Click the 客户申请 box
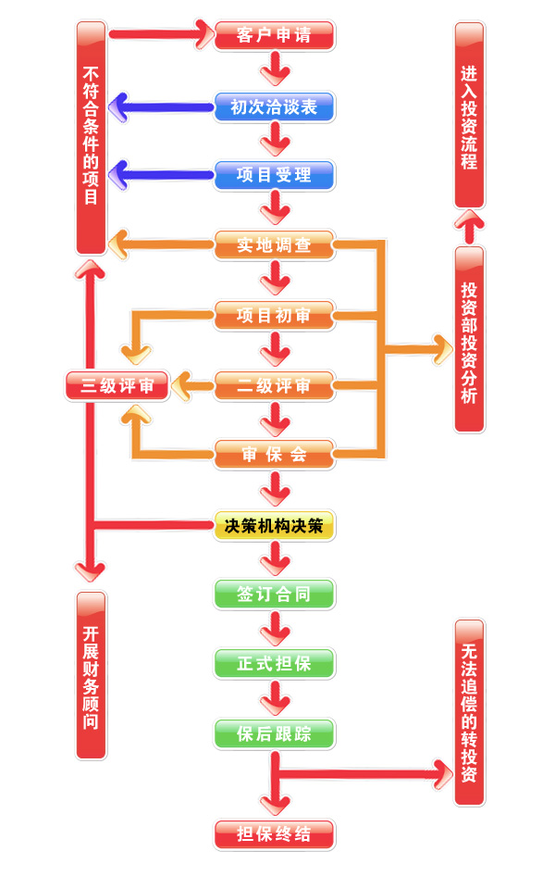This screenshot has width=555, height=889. [x=274, y=36]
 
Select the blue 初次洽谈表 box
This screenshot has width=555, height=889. [x=274, y=106]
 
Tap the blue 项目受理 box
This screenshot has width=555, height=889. [x=274, y=175]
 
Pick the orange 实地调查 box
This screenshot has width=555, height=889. [x=274, y=245]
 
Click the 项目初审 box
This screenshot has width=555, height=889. [x=274, y=316]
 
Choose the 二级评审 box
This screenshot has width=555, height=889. [x=274, y=385]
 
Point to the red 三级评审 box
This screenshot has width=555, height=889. [x=117, y=385]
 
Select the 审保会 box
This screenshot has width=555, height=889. [x=274, y=455]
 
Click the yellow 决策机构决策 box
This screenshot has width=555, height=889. [x=274, y=526]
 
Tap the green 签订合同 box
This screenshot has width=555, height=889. [x=274, y=595]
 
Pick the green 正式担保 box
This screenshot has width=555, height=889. [x=274, y=664]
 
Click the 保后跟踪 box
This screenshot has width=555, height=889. [x=274, y=734]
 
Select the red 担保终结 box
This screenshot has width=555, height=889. [x=274, y=834]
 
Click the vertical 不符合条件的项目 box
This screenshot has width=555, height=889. [x=91, y=137]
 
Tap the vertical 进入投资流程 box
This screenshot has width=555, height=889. [x=469, y=116]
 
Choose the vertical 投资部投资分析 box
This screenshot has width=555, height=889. [x=469, y=339]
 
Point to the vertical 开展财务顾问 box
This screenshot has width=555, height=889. [x=91, y=676]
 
